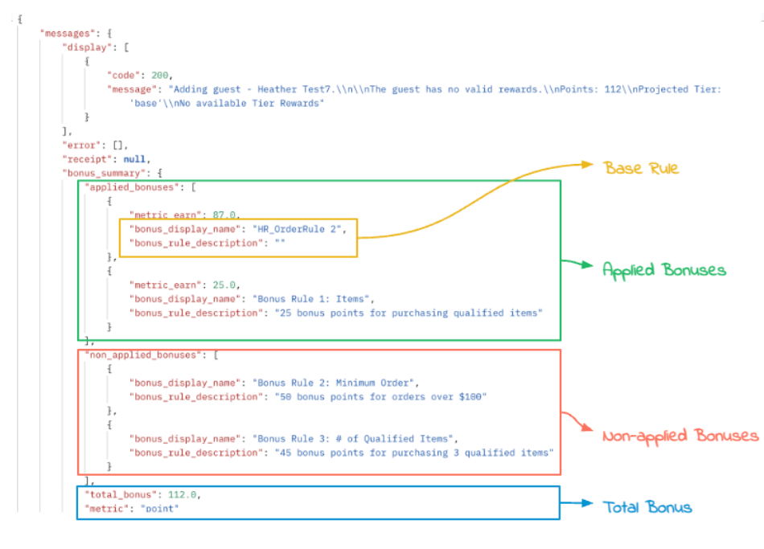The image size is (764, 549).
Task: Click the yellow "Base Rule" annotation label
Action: (642, 169)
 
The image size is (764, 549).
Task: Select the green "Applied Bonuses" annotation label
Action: (663, 270)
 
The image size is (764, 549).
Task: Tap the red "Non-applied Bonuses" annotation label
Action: (680, 436)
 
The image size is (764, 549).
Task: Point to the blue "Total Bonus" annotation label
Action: (647, 507)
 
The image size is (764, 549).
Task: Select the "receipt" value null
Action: (134, 158)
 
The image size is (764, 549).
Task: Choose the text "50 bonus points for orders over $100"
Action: (381, 396)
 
